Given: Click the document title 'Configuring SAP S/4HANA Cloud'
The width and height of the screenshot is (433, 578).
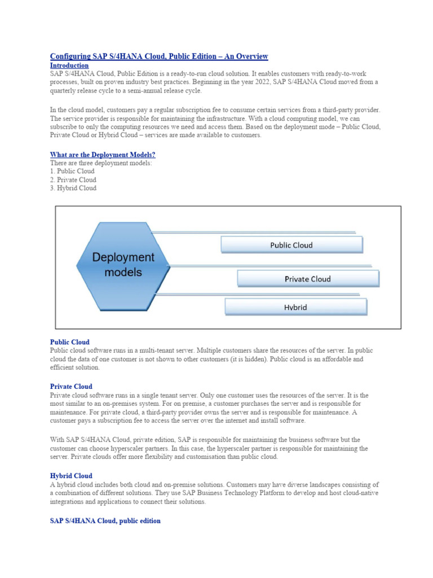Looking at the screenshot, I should (x=159, y=56).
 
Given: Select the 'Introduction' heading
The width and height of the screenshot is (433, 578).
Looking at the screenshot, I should (x=69, y=65).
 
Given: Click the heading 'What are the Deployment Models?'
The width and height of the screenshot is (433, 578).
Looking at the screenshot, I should (x=103, y=155).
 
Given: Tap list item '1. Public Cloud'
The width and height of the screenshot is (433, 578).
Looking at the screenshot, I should (x=72, y=171).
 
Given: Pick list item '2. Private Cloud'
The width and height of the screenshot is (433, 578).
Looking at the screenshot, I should (x=73, y=180).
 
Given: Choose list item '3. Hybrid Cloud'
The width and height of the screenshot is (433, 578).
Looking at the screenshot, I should (x=73, y=189).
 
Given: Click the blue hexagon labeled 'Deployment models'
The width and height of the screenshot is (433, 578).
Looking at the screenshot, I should (x=123, y=265).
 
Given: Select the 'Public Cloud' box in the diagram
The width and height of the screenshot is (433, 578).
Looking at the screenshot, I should (x=291, y=245).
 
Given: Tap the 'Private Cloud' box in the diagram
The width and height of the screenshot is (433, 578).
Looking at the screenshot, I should (x=307, y=279).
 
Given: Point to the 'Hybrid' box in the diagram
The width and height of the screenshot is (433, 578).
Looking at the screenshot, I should (x=295, y=308).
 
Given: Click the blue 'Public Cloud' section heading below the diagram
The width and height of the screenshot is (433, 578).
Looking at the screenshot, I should (x=69, y=342).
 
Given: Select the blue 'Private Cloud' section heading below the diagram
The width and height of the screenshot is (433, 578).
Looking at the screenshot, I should (x=71, y=387).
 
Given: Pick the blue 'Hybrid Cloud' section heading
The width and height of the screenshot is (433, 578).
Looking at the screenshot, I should (x=71, y=476).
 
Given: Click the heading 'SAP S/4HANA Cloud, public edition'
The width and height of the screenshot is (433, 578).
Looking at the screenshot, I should (x=105, y=521).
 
